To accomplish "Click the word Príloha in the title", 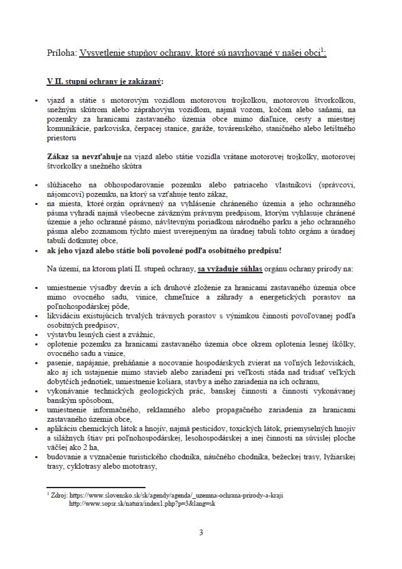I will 61,54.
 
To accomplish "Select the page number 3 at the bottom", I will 201,533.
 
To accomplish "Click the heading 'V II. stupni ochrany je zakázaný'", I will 105,81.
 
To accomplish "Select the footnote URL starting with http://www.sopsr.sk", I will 142,503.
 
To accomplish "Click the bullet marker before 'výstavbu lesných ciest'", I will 38,335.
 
